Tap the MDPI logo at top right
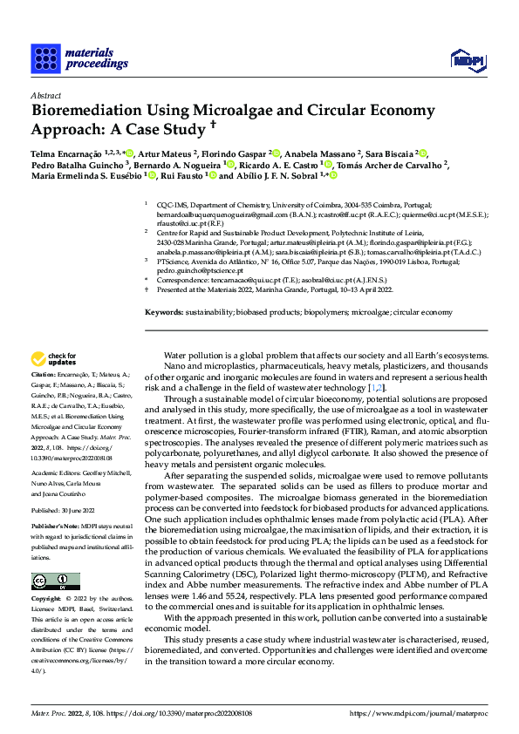click(466, 59)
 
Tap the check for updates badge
click(53, 358)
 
